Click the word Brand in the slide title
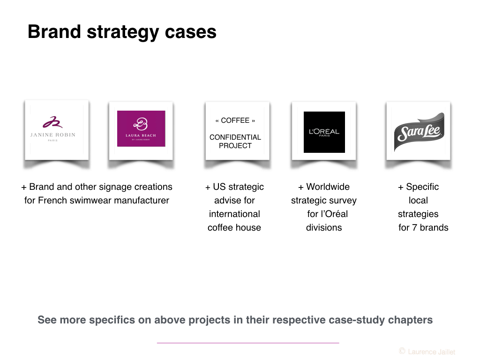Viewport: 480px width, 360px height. coord(54,32)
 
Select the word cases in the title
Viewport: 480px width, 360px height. coord(190,32)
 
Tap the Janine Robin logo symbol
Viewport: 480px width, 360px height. coord(52,122)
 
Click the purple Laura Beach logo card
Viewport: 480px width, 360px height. coord(141,128)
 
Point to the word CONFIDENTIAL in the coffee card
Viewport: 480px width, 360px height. coord(235,137)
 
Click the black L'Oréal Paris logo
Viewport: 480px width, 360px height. coord(324,132)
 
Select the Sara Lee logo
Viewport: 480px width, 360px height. coord(419,132)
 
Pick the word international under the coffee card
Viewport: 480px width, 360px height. coord(234,214)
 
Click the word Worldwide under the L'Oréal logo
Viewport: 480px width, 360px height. coord(328,187)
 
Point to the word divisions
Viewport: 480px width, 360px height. coord(324,227)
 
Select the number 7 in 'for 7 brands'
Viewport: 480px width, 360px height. coord(414,228)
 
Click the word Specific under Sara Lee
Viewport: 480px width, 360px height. coord(422,187)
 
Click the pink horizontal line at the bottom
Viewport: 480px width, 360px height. coord(248,343)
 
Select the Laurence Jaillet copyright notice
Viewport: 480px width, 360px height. coord(427,352)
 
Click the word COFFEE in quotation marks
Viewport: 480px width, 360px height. coord(235,120)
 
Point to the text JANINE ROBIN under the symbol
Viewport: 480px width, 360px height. coord(52,135)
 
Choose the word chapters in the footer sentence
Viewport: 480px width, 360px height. coord(411,320)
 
